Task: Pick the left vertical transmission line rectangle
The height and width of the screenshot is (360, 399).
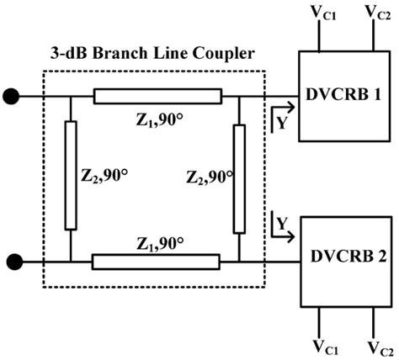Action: [x=70, y=176]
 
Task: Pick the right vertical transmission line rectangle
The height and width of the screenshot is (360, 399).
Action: [x=240, y=176]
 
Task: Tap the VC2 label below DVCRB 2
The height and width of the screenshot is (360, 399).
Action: [x=375, y=347]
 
